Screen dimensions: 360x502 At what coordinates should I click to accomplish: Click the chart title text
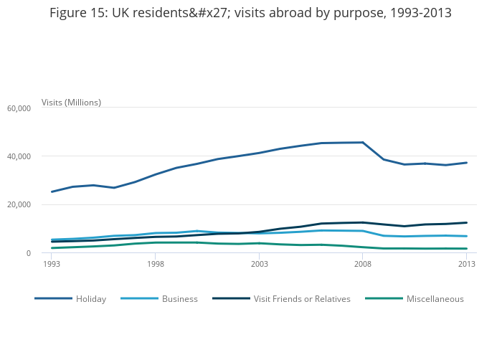(x=250, y=14)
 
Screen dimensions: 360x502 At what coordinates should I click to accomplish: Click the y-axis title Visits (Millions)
(x=71, y=103)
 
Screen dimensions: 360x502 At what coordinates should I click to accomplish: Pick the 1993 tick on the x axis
(x=52, y=264)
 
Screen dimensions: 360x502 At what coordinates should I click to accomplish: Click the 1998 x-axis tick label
(x=156, y=264)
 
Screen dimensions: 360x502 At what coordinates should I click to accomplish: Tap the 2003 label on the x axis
(x=259, y=264)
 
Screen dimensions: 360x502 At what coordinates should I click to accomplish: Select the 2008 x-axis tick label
(x=363, y=264)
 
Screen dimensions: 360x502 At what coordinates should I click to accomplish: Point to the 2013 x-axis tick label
(x=467, y=264)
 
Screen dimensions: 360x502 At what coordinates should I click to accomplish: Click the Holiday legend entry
(x=91, y=299)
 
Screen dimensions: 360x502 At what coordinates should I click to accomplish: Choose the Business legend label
(x=179, y=299)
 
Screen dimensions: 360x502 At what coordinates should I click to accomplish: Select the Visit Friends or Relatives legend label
(x=302, y=299)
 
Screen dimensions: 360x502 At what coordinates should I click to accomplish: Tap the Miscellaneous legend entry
(x=435, y=299)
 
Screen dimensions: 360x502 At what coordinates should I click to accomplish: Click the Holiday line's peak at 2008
(x=363, y=142)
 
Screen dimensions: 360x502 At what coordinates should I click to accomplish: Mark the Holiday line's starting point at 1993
(x=52, y=191)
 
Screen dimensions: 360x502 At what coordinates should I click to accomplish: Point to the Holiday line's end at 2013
(x=467, y=163)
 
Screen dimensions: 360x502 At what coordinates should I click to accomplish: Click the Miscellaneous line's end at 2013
(x=467, y=249)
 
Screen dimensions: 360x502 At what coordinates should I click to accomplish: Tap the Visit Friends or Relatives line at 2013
(x=467, y=222)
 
